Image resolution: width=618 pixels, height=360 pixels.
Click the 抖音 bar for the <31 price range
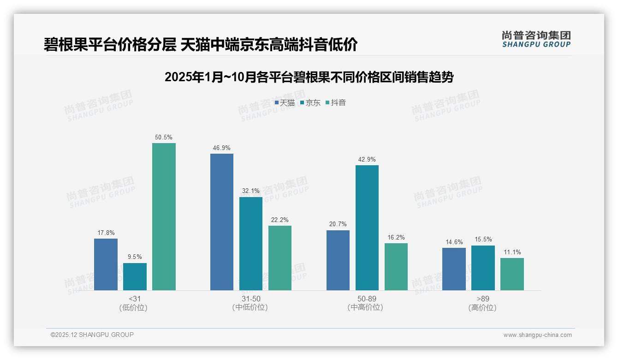[164, 216]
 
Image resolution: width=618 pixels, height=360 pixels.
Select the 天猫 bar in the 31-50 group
[222, 222]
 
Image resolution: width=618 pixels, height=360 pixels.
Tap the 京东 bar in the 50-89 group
[367, 228]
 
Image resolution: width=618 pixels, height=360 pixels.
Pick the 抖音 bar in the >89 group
[512, 274]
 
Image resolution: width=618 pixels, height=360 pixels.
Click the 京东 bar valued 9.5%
[135, 276]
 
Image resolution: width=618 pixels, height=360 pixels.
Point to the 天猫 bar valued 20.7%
[338, 260]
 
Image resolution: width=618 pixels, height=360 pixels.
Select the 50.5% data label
[164, 138]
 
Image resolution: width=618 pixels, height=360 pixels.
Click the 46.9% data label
[222, 148]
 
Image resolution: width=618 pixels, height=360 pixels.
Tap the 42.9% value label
[367, 160]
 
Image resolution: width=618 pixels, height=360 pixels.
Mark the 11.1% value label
[512, 252]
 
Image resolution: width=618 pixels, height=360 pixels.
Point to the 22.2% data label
[280, 220]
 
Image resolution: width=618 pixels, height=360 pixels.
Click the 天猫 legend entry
[285, 103]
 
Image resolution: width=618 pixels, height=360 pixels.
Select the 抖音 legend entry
[336, 103]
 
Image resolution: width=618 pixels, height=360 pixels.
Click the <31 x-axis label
[135, 299]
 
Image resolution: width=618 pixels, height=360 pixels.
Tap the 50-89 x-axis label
[367, 299]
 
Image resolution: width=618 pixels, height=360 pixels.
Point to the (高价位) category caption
[483, 308]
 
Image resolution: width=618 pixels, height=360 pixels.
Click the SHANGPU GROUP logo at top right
[536, 39]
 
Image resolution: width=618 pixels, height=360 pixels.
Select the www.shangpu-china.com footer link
[537, 335]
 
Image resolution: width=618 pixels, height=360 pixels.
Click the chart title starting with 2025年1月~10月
[309, 77]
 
